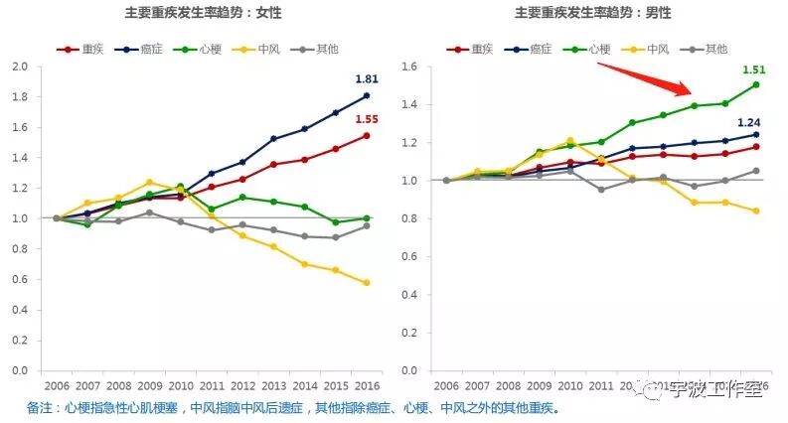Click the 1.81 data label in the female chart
(x=367, y=78)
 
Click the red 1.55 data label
(x=367, y=119)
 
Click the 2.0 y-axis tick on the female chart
(x=20, y=67)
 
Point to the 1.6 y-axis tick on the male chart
(x=409, y=67)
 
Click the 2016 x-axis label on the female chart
(x=367, y=386)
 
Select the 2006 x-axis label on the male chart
(x=446, y=386)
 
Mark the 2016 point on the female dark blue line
(x=367, y=95)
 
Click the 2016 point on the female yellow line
(x=367, y=283)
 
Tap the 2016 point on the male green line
(x=756, y=84)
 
